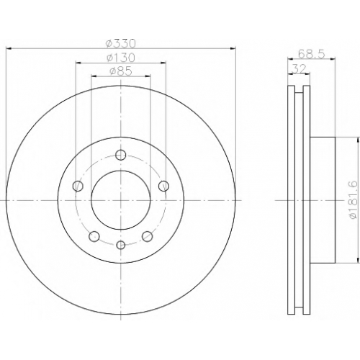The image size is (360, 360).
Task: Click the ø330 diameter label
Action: coord(121,43)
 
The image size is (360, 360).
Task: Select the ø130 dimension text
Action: coord(121,58)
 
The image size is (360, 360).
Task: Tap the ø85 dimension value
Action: coord(121,71)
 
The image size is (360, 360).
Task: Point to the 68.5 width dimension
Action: coord(311,54)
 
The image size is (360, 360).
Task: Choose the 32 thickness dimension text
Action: coord(299,69)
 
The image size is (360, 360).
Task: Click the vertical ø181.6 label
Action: coord(354,199)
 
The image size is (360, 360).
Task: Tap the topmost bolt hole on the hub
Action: coord(121,155)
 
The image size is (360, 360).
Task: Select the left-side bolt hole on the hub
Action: coord(78,186)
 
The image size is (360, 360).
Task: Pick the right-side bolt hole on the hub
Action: coord(163,186)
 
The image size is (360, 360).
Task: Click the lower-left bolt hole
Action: coord(94,236)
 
